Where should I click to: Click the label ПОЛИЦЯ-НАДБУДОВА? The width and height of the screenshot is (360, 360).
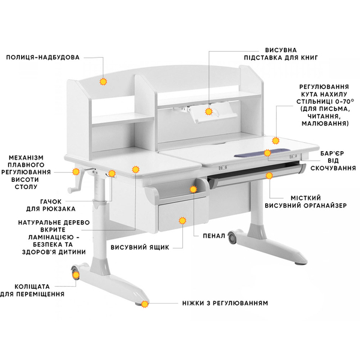pyautogui.click(x=43, y=57)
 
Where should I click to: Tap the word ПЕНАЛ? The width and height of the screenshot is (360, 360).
pyautogui.click(x=214, y=236)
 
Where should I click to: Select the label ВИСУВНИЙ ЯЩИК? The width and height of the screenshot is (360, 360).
pyautogui.click(x=140, y=247)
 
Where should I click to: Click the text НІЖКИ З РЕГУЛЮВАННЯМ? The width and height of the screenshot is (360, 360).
pyautogui.click(x=225, y=303)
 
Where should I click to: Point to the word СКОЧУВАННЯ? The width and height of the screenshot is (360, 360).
pyautogui.click(x=333, y=168)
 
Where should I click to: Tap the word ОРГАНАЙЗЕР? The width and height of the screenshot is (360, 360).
pyautogui.click(x=324, y=205)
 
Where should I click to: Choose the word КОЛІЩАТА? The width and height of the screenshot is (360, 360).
pyautogui.click(x=32, y=287)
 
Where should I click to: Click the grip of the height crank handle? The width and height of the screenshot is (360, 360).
pyautogui.click(x=70, y=190)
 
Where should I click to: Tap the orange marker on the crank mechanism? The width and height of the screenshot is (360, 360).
pyautogui.click(x=76, y=172)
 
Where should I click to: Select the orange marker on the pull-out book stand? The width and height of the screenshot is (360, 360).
pyautogui.click(x=209, y=112)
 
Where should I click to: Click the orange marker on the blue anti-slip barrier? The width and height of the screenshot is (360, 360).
pyautogui.click(x=267, y=152)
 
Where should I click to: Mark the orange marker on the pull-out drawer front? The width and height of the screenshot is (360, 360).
pyautogui.click(x=182, y=221)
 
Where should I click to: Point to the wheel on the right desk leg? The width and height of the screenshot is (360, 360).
pyautogui.click(x=232, y=237)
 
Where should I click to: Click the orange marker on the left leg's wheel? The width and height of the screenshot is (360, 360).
pyautogui.click(x=76, y=275)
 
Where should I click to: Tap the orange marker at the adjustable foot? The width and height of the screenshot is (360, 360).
pyautogui.click(x=145, y=304)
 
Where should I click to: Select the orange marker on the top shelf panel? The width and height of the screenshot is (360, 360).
pyautogui.click(x=103, y=82)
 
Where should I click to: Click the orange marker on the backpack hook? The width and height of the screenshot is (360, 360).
pyautogui.click(x=112, y=173)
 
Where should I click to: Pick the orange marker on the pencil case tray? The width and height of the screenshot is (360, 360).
pyautogui.click(x=194, y=189)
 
